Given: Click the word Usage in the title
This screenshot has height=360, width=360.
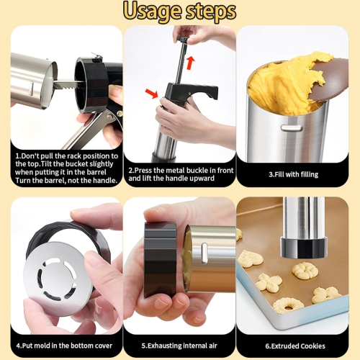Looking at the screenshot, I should pos(150,12).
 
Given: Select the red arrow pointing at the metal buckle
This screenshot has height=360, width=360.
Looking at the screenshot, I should pos(151,92).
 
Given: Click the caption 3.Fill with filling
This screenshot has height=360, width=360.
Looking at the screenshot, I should pos(293,174).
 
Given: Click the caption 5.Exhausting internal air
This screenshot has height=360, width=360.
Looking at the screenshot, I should pos(179,346).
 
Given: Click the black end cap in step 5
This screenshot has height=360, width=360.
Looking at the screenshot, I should pos(160,259).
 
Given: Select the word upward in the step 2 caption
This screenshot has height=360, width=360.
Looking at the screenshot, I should pos(204,178).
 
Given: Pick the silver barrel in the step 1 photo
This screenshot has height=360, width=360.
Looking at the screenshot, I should pos(33,79).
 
